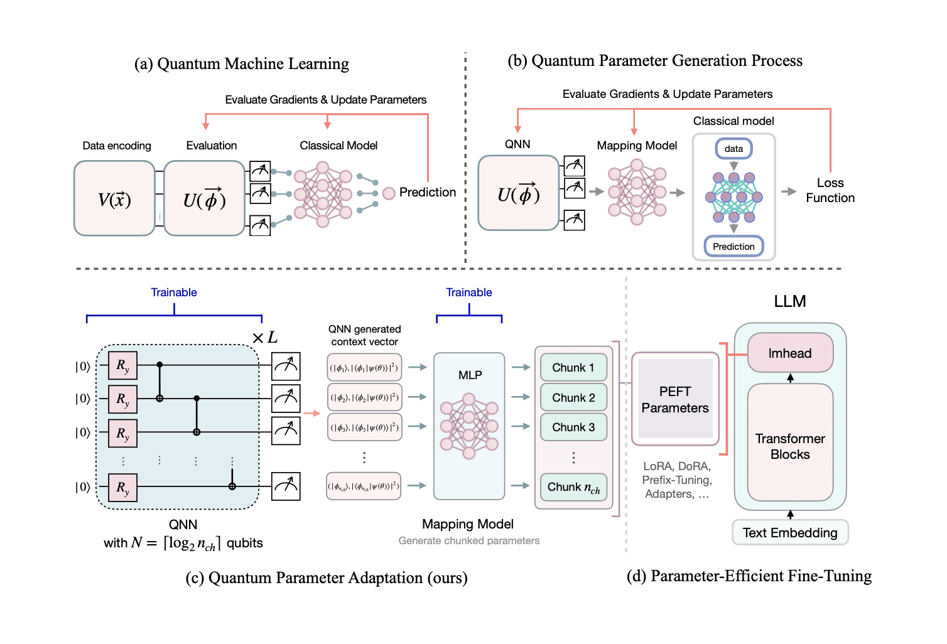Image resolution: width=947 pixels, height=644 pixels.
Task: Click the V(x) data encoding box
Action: tap(114, 198)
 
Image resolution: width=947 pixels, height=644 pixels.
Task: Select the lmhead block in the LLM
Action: tap(790, 353)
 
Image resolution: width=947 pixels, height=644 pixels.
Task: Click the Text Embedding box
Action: tap(790, 533)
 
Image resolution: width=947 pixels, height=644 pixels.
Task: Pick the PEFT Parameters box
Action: tap(675, 399)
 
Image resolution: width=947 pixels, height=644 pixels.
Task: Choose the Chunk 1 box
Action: tap(573, 368)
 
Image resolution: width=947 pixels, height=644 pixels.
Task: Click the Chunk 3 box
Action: tap(573, 427)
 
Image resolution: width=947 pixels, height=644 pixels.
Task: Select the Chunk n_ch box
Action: tap(573, 487)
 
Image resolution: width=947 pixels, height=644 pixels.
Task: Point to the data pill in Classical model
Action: tap(733, 149)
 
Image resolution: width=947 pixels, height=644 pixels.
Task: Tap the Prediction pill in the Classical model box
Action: tap(733, 247)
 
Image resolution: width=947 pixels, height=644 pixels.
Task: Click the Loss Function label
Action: tap(830, 190)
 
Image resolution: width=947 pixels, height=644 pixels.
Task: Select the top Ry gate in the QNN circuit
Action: tap(122, 366)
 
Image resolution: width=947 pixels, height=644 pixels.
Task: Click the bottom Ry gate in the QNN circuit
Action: tap(122, 488)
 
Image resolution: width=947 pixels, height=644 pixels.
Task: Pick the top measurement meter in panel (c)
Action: tap(286, 367)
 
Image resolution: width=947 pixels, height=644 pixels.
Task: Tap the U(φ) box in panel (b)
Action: tap(518, 193)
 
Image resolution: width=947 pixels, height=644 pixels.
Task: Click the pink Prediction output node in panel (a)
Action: tap(389, 193)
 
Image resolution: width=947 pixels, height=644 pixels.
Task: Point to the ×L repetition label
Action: tap(264, 338)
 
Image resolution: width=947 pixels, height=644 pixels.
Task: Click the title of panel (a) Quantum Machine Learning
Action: tap(242, 64)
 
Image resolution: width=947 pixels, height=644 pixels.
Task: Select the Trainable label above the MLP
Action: tap(468, 292)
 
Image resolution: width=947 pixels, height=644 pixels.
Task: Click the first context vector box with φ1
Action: tap(364, 368)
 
